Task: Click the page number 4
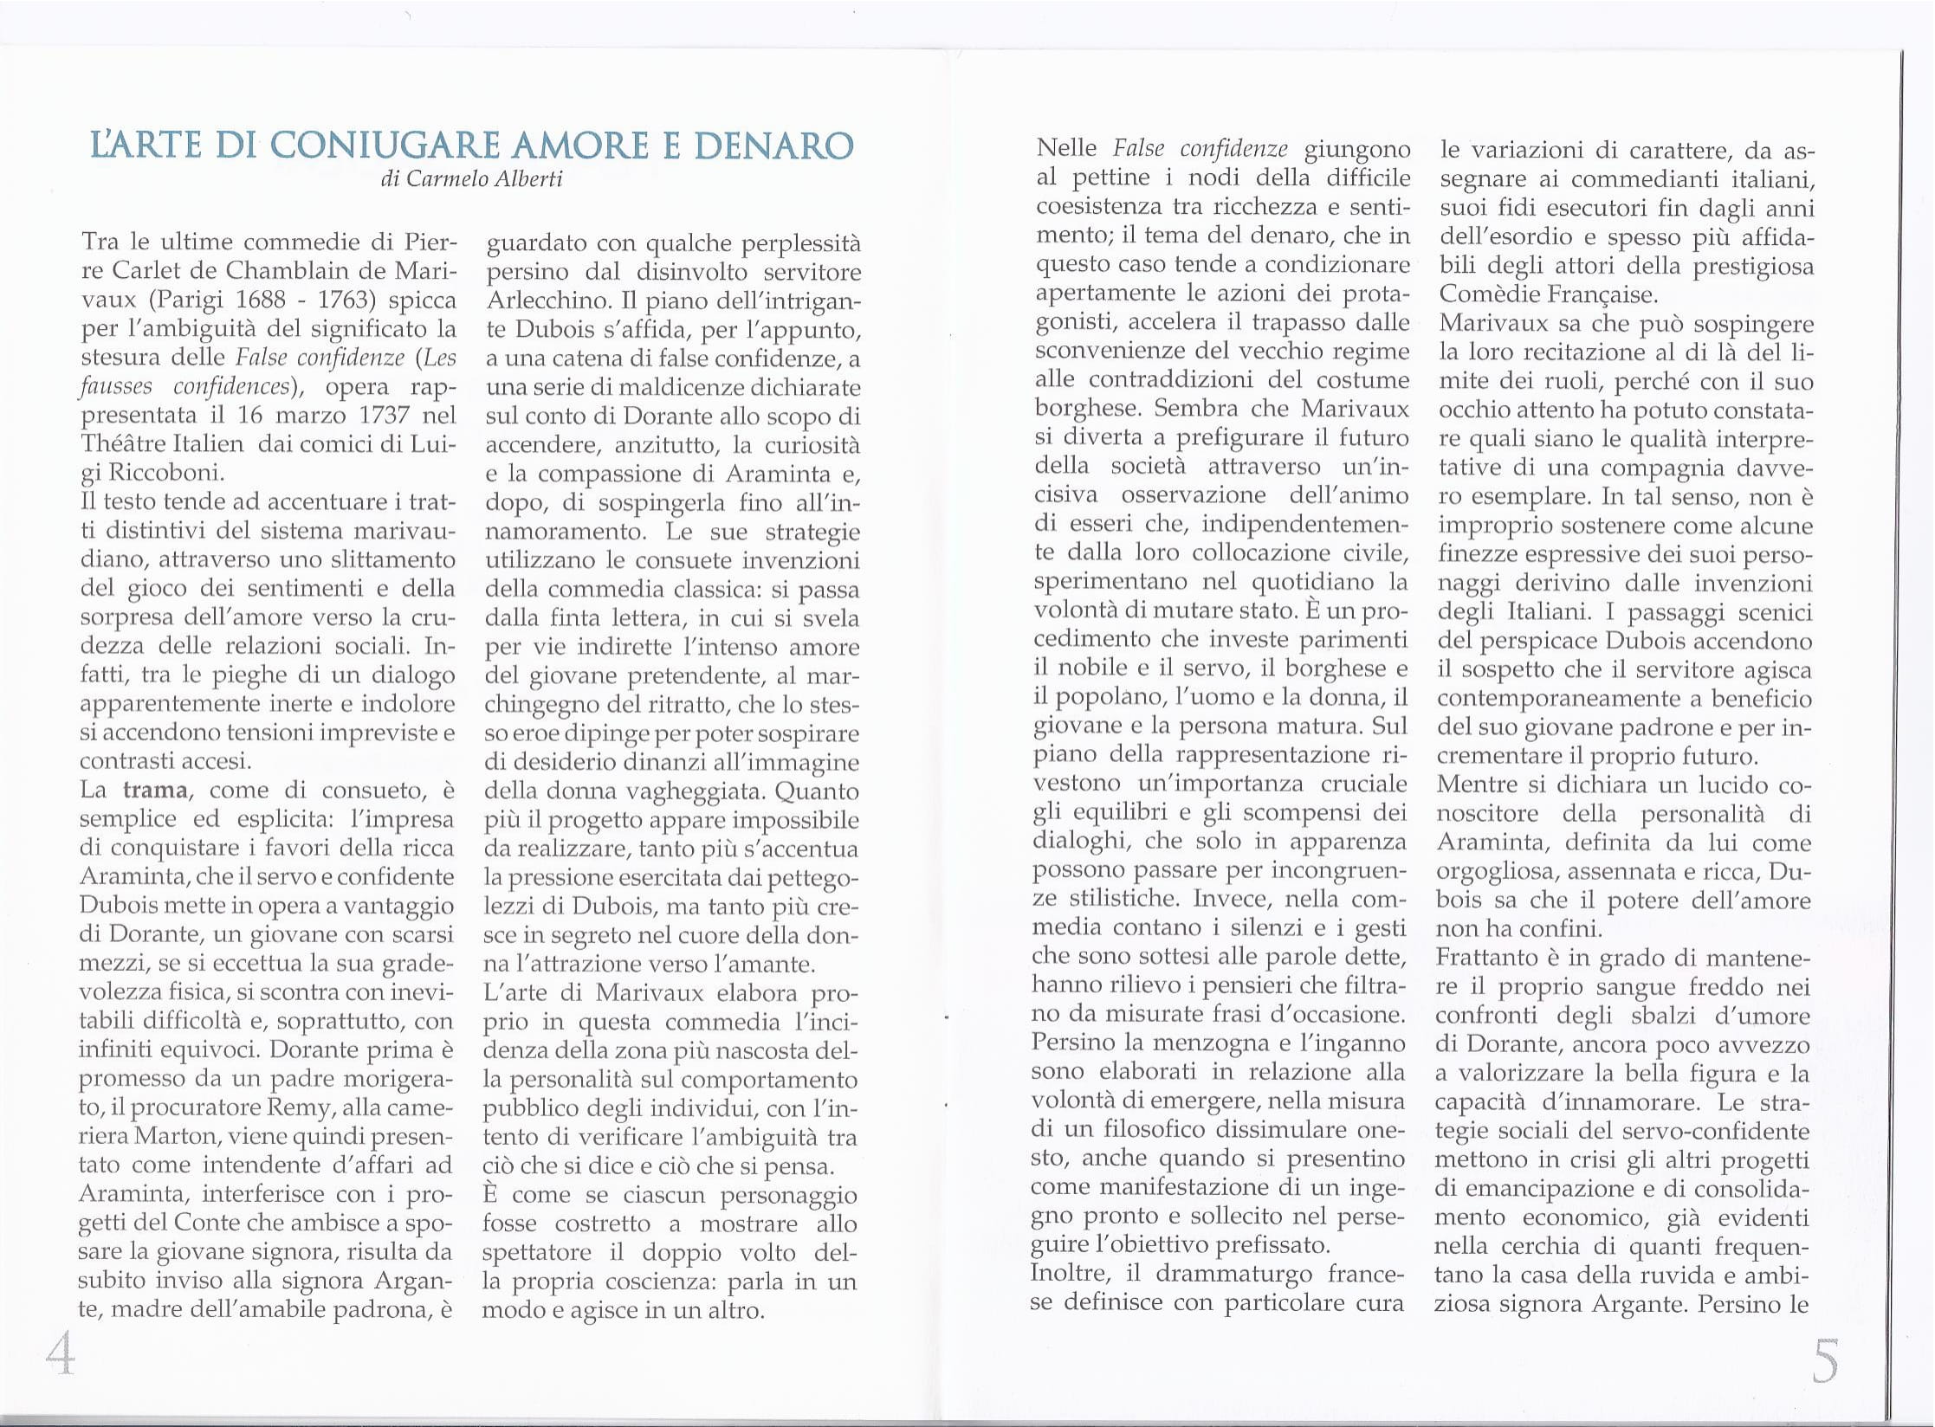[60, 1354]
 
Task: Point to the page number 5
[1823, 1360]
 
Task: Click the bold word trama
[155, 790]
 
